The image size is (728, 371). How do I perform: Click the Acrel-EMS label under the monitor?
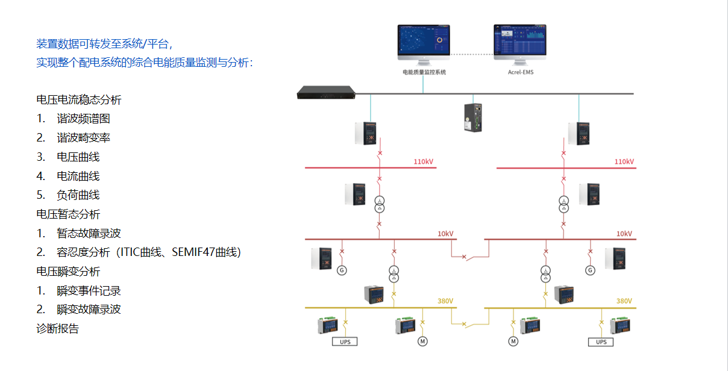[521, 72]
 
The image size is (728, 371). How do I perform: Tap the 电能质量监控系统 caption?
[424, 72]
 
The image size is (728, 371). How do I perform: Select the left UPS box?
[345, 341]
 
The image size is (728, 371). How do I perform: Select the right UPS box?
[601, 341]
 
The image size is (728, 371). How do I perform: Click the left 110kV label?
[423, 161]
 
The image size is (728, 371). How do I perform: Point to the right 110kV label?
[624, 161]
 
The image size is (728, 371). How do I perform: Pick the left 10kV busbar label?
[445, 234]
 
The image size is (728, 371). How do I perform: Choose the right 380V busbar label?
[624, 301]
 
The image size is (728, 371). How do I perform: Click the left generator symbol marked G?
[342, 270]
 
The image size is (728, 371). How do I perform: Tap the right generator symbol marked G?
[590, 270]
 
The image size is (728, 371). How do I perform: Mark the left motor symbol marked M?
[422, 341]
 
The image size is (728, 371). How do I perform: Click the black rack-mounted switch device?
[326, 93]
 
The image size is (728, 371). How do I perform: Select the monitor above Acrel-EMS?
[521, 42]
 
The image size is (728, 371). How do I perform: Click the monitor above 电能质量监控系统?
[424, 42]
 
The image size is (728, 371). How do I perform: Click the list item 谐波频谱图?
[83, 119]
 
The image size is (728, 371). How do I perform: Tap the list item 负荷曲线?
[78, 195]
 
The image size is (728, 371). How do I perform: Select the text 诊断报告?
[57, 329]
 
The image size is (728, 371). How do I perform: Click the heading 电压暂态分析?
[68, 214]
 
